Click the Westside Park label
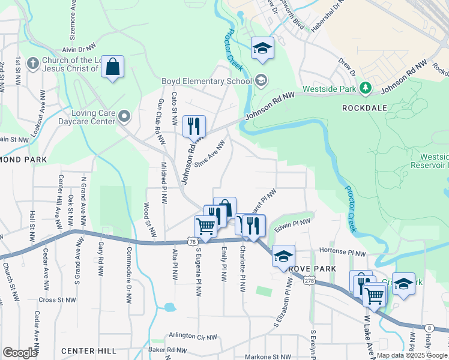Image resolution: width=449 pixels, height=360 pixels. [x=330, y=89]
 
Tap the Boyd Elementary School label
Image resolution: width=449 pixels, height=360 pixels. [x=206, y=81]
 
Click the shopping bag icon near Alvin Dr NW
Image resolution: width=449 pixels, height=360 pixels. [x=112, y=67]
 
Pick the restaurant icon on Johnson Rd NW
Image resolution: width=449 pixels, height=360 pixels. [x=194, y=126]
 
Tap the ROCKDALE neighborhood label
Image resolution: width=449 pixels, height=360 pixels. [x=364, y=109]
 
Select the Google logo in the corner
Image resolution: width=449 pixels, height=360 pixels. [x=20, y=353]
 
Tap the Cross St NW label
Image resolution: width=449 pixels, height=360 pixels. [x=58, y=299]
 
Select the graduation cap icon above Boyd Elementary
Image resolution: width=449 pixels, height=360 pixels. [x=262, y=48]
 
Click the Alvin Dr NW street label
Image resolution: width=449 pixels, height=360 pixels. [x=79, y=51]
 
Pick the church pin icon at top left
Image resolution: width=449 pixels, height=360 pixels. [x=32, y=62]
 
